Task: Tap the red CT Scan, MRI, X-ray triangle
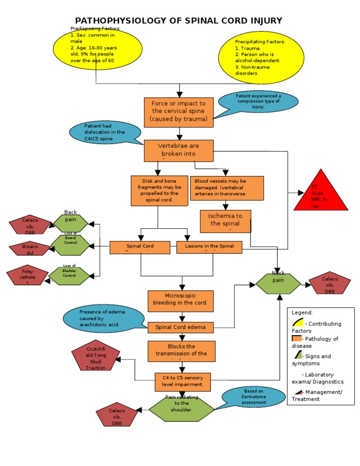pyautogui.click(x=321, y=193)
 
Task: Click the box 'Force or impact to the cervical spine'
pyautogui.click(x=178, y=112)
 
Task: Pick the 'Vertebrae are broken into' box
pyautogui.click(x=178, y=150)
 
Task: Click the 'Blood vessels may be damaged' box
pyautogui.click(x=226, y=188)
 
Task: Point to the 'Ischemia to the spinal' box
pyautogui.click(x=225, y=221)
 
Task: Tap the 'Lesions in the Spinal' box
pyautogui.click(x=209, y=247)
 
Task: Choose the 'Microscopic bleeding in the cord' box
pyautogui.click(x=180, y=301)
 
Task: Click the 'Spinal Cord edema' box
pyautogui.click(x=180, y=327)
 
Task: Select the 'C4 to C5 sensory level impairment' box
pyautogui.click(x=183, y=382)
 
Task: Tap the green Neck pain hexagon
pyautogui.click(x=278, y=281)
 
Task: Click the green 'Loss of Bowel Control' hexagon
pyautogui.click(x=70, y=245)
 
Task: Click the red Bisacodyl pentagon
pyautogui.click(x=30, y=248)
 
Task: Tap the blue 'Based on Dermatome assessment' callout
pyautogui.click(x=254, y=397)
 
